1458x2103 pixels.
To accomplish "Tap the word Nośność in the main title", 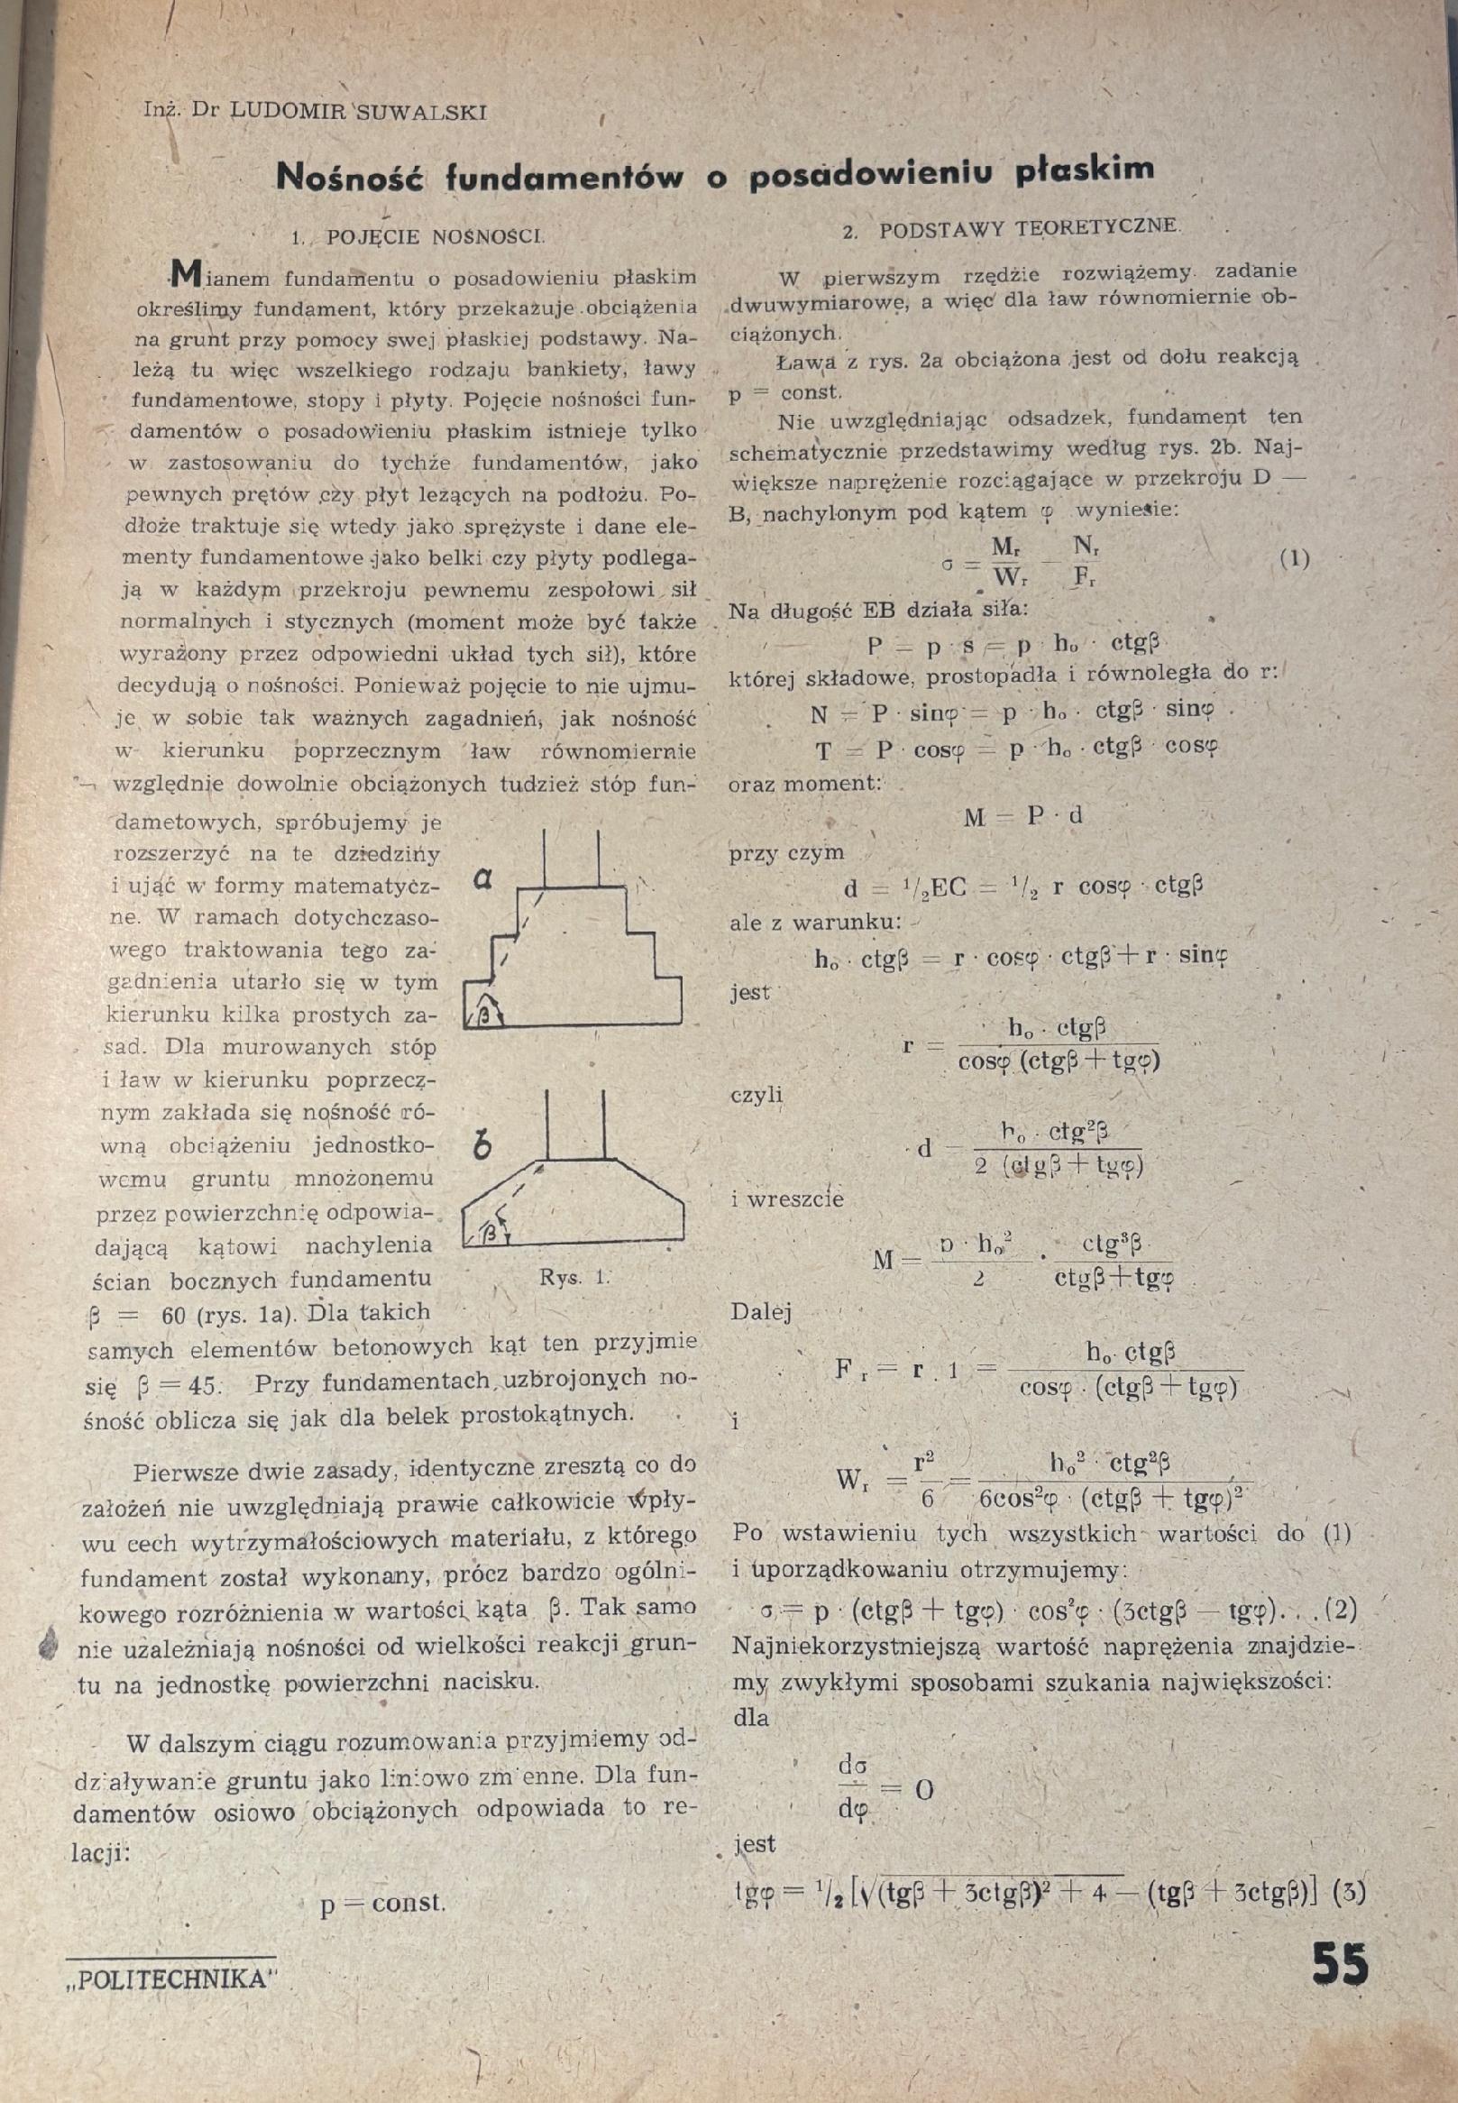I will pos(350,176).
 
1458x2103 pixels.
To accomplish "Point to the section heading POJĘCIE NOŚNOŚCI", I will pos(434,236).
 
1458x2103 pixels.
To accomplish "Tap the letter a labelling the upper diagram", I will pos(484,879).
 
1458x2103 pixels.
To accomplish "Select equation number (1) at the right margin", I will pos(1294,559).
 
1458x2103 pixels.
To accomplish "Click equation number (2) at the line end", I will pos(1338,1609).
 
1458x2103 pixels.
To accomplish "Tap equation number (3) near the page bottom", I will pos(1348,1893).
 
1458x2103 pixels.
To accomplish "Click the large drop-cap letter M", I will pos(187,272).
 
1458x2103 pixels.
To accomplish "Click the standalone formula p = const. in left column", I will pos(382,1903).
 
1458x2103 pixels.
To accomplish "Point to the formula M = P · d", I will pos(1023,816).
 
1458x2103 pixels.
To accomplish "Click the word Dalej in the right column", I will pos(761,1313).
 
